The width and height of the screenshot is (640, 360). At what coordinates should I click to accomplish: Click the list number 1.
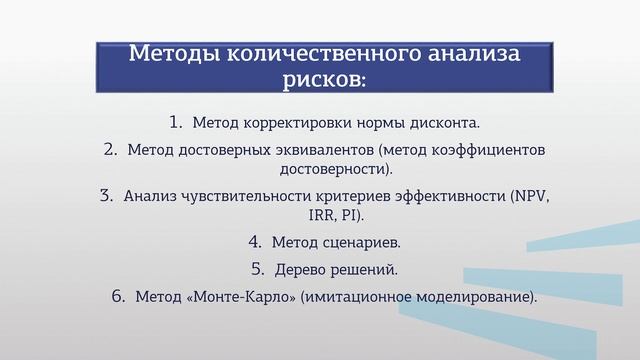click(x=175, y=123)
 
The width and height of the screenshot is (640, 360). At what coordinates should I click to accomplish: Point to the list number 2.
click(x=111, y=150)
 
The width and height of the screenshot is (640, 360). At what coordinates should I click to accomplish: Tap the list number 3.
click(x=107, y=196)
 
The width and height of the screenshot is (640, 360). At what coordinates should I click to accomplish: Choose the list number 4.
click(x=254, y=242)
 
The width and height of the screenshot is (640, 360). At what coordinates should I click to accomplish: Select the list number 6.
click(x=119, y=296)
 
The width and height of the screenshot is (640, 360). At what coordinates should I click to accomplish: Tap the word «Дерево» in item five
click(x=302, y=270)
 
